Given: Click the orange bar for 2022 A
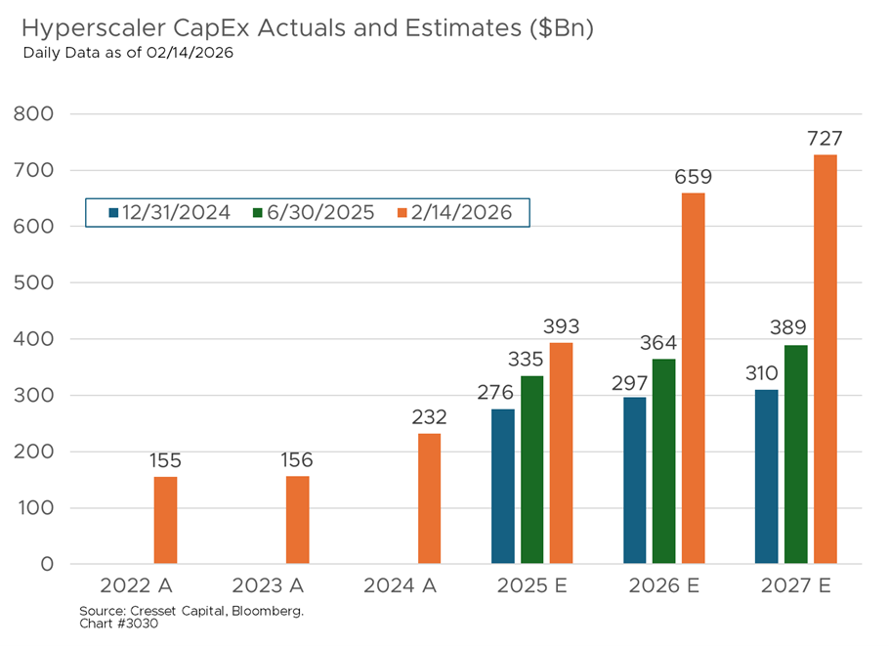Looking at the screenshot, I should (165, 520).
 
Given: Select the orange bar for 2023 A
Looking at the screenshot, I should (297, 520).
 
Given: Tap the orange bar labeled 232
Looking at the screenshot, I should (429, 498).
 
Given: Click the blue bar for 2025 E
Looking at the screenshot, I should (502, 486).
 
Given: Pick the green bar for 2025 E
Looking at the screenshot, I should (531, 469).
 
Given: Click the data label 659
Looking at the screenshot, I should (693, 178).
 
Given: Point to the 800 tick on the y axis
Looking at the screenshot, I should (34, 114).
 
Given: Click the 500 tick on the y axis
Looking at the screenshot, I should (34, 283).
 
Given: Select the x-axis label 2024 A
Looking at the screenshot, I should (400, 586).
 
